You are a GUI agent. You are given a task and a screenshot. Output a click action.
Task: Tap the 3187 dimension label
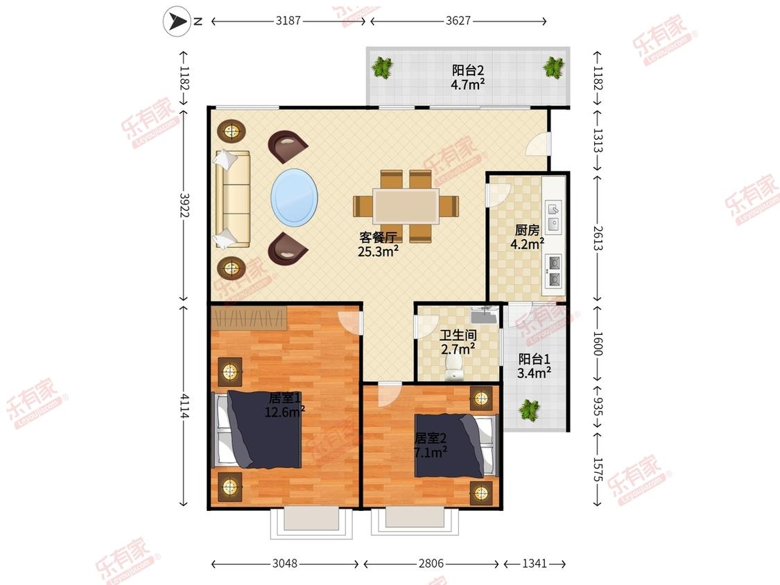coord(288,21)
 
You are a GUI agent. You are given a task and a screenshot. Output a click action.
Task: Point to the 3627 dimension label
coord(458,21)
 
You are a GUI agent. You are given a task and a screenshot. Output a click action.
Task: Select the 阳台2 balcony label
coord(467,71)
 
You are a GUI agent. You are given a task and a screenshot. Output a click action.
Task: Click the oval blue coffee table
coord(295,198)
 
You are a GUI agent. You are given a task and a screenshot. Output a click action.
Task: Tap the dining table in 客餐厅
coord(406,206)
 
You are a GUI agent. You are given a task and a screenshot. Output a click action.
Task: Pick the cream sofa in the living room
coord(232,199)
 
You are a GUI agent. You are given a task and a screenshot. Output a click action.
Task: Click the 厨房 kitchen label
coord(527,230)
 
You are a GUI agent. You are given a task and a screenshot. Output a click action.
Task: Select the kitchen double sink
coord(554,217)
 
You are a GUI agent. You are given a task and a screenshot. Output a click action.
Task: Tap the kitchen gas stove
coord(554,271)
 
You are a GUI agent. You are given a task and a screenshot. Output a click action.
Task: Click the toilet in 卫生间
coord(453,367)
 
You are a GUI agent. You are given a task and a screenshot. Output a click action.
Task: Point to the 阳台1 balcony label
coord(534,358)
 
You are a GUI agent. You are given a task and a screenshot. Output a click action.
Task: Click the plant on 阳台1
coord(529,410)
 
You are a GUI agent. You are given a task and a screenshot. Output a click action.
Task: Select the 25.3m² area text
coord(378,251)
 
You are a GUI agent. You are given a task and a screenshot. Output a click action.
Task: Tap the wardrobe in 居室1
coord(249,318)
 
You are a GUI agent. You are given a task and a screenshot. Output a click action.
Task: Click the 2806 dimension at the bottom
coord(431,563)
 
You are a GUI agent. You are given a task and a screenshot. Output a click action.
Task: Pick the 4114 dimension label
coord(184,406)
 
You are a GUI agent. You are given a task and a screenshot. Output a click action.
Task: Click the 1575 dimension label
coord(598,469)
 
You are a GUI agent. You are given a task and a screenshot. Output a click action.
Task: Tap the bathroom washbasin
coord(485,315)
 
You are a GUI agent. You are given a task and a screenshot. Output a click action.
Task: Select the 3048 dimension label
coord(284,563)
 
